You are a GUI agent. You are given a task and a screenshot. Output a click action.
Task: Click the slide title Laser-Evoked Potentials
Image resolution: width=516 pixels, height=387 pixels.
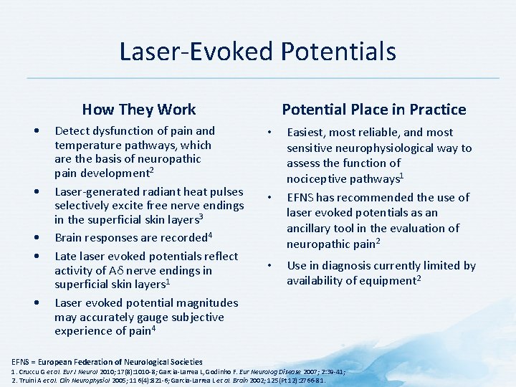pos(257,52)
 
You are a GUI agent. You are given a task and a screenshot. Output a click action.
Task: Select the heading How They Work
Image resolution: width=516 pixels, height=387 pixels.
pos(138,110)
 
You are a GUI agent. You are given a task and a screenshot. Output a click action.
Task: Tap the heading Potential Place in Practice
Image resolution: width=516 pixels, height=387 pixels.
pos(373,110)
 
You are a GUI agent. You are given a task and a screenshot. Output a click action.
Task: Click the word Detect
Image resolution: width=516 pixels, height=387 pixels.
pos(73,131)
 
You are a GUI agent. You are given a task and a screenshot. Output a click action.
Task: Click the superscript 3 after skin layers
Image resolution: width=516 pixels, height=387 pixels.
pos(202,216)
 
